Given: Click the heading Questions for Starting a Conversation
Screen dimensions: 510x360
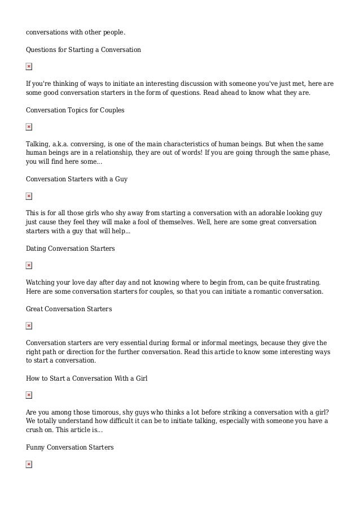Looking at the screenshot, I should tap(84, 50).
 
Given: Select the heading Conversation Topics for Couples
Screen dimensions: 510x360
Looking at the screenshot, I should tap(75, 110).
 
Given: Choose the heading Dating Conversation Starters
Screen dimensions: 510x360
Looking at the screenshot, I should tap(70, 249).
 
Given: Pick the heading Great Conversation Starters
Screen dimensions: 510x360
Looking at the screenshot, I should tap(69, 309).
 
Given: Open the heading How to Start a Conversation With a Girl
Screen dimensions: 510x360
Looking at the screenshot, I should tap(86, 378).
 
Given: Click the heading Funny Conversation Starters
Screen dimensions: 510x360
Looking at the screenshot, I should tap(70, 447).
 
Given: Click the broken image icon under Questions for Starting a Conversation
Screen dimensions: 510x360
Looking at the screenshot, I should tap(29, 67).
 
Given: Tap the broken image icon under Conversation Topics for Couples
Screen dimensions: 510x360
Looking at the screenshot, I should tap(29, 127).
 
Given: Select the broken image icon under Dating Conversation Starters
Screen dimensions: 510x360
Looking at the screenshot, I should tap(29, 265).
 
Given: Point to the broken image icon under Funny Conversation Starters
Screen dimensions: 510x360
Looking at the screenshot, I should tap(29, 464).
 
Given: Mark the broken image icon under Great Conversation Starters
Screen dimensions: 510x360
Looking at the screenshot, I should tap(29, 326).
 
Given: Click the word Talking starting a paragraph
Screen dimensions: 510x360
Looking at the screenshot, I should tap(38, 144).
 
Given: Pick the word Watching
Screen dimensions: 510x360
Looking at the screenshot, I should tap(41, 282).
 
